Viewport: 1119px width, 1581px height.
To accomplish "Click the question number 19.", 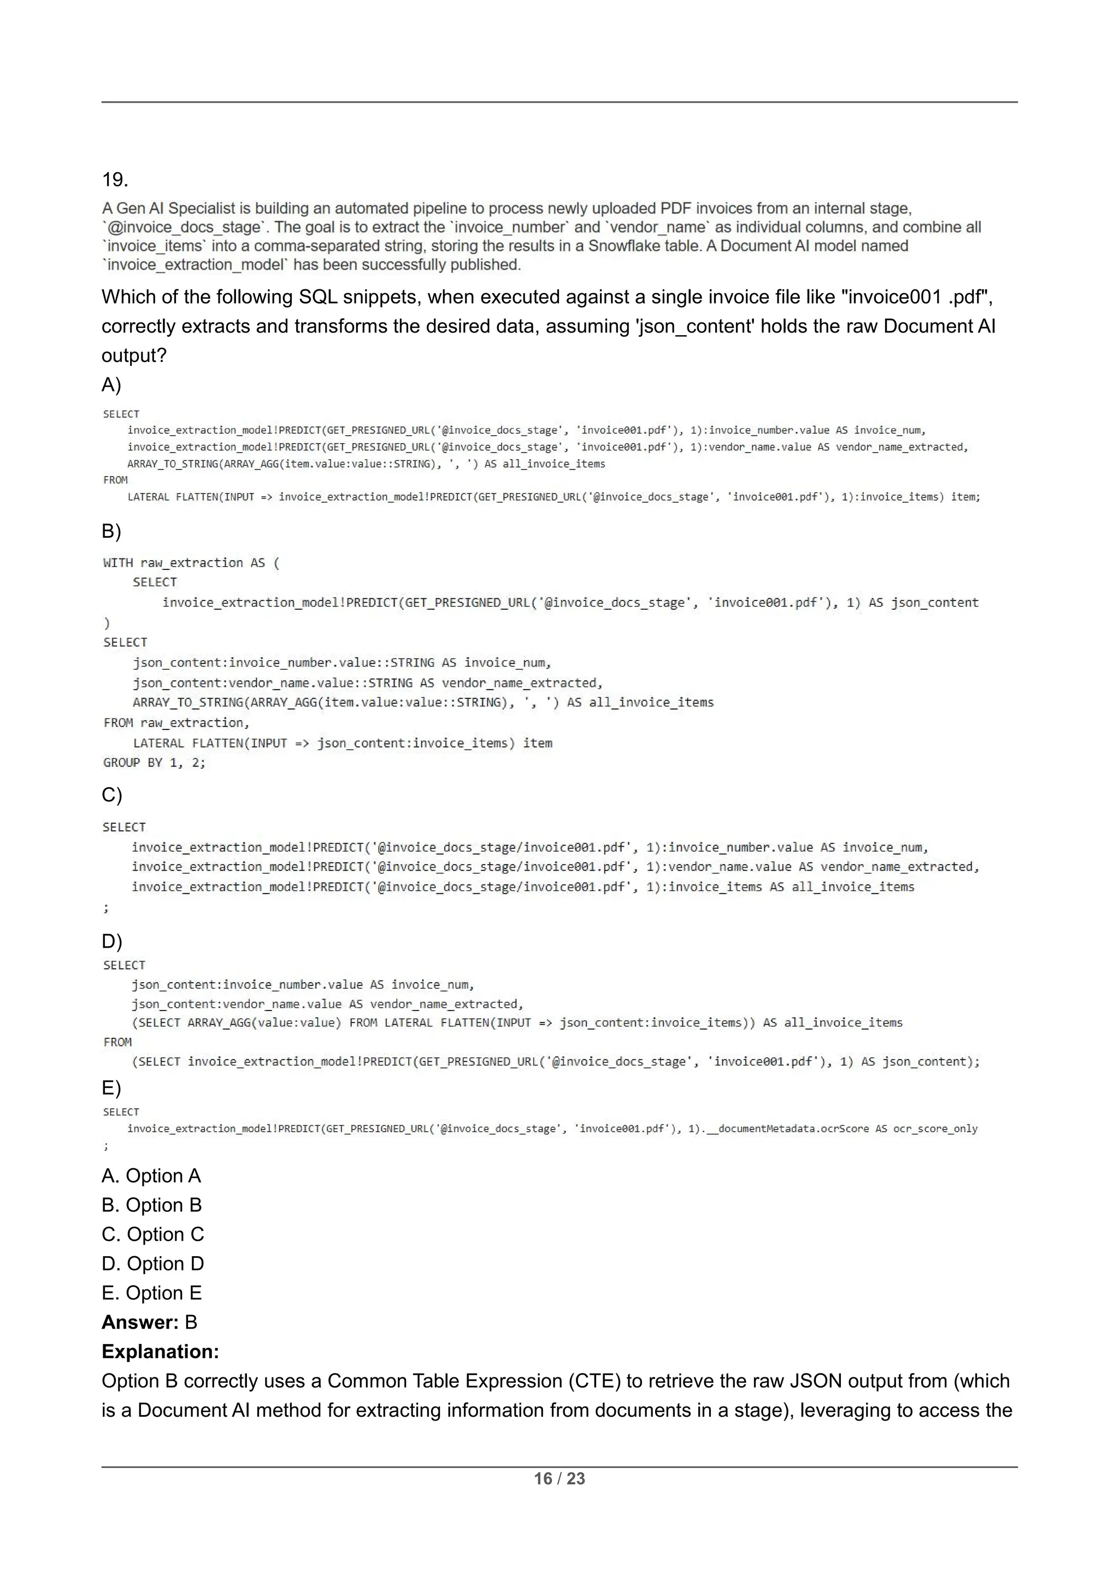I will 115,180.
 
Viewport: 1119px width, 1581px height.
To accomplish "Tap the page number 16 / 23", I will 559,1478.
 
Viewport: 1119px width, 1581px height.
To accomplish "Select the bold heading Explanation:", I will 160,1352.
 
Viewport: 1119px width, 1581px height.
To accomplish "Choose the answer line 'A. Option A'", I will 151,1175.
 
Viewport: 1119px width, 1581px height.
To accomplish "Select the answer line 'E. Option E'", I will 151,1293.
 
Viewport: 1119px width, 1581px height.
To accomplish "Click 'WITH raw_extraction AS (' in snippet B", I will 191,563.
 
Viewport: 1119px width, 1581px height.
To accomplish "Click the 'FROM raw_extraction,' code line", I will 176,722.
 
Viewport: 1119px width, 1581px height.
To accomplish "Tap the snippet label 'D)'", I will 111,941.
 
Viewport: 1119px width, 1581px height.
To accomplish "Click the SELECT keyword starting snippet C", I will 124,827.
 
